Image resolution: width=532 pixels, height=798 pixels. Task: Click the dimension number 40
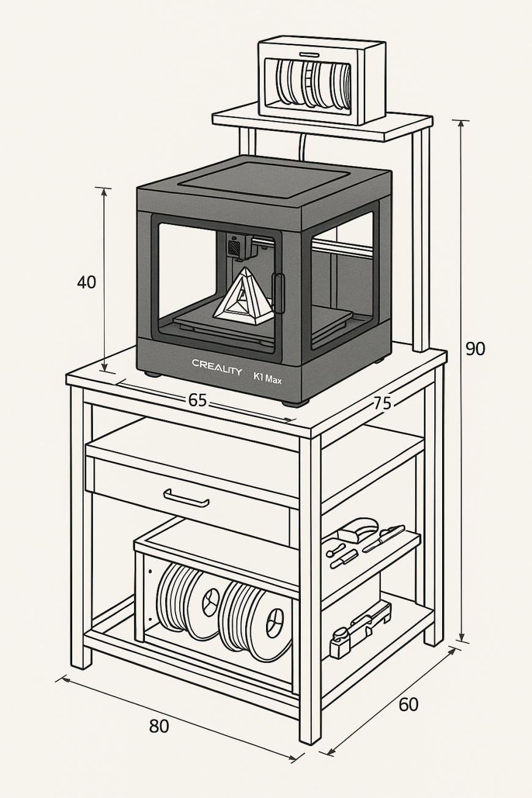coord(87,283)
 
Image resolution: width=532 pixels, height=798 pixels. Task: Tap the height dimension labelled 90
coord(475,349)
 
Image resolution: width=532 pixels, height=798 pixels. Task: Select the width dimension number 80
coord(158,726)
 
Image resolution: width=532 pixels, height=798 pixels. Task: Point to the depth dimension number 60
coord(408,704)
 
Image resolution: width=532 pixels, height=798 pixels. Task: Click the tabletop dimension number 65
coord(197,401)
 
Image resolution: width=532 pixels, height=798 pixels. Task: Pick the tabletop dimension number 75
coord(382,403)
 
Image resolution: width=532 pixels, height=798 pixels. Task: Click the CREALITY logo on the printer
coord(217,363)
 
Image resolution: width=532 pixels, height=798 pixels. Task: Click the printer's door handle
coord(279,293)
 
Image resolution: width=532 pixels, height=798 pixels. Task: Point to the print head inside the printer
coord(238,246)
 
